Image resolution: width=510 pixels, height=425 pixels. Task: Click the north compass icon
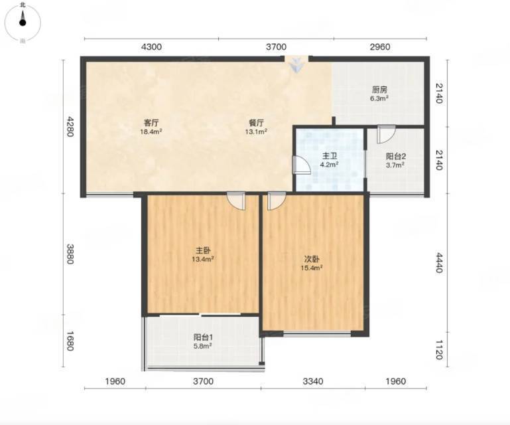coord(23,23)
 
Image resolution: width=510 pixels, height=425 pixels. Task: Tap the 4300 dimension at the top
coord(151,47)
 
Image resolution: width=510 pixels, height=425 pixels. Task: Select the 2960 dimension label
coord(380,47)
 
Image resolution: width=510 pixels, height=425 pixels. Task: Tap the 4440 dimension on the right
coord(439,263)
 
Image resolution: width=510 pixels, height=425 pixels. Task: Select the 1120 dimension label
coord(439,350)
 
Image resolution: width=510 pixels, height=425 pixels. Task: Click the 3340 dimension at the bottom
coord(313,381)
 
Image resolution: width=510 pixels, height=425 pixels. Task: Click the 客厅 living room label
coord(151,123)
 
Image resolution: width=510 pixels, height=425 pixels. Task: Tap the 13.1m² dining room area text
coord(256,131)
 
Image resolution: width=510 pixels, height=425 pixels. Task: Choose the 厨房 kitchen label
coord(379,90)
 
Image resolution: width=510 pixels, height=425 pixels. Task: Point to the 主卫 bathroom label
coord(329,156)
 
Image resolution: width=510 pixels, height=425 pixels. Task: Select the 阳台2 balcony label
coord(395,156)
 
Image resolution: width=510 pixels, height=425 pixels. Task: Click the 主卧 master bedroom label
coord(203,250)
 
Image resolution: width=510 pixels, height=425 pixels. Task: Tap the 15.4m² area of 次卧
coord(312,268)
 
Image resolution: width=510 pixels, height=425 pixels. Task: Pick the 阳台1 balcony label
coord(203,337)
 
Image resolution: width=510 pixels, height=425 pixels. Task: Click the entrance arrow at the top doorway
coord(296,65)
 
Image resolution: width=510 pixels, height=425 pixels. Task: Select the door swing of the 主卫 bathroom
coord(301,165)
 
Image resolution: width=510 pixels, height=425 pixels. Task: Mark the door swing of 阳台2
coord(386,134)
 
